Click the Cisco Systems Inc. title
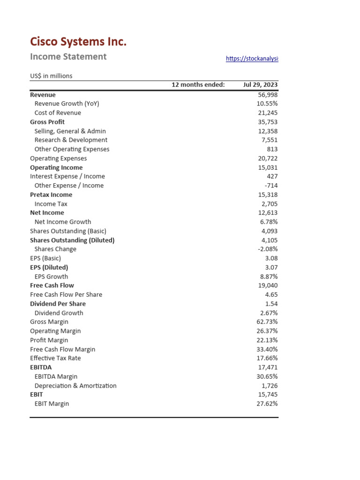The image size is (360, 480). (x=78, y=42)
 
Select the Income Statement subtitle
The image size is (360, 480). (x=68, y=57)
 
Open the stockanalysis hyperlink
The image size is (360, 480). (x=252, y=59)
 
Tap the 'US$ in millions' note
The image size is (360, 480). (x=51, y=76)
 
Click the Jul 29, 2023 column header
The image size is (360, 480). (x=260, y=85)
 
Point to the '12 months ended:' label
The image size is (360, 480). (x=198, y=85)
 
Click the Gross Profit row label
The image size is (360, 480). (x=47, y=122)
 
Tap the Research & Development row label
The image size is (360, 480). (x=71, y=140)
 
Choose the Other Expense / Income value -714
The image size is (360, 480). (x=271, y=186)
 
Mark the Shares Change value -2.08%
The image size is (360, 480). (x=268, y=249)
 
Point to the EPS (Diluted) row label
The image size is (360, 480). (x=49, y=268)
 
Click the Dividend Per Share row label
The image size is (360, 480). (x=58, y=304)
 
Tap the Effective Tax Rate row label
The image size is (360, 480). (x=55, y=358)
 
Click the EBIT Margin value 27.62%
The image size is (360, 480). (x=267, y=404)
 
